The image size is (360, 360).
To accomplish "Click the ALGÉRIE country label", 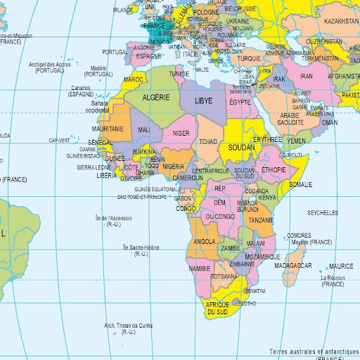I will [156, 98].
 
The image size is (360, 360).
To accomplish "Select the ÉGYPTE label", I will [240, 103].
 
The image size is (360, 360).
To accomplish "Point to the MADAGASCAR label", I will [293, 265].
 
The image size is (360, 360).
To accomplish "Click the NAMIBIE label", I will [200, 269].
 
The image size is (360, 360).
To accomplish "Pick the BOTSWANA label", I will [224, 276].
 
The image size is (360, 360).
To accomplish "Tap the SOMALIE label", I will [301, 184].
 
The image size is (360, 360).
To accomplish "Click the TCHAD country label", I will [208, 141].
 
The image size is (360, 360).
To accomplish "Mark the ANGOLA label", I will [204, 241].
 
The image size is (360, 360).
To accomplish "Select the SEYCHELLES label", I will [322, 212].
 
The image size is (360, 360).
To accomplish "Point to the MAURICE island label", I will [341, 266].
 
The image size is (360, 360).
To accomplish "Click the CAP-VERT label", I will [60, 140].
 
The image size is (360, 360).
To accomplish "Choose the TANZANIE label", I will [261, 220].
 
